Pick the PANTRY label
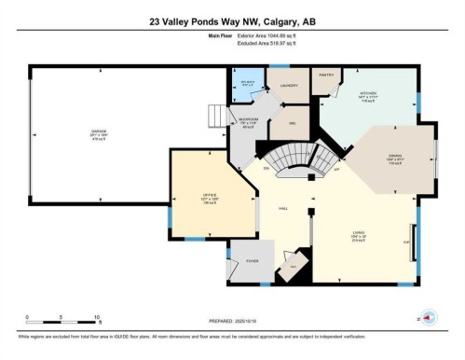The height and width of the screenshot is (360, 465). pos(325,74)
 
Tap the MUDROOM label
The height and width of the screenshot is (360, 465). pos(247,119)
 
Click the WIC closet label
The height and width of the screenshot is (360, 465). pos(291,123)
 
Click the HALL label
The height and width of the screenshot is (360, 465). pos(280,209)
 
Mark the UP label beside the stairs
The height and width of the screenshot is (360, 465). pos(335,170)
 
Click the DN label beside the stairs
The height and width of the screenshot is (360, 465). pos(266,168)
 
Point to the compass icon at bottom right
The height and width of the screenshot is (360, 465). pos(430,315)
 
